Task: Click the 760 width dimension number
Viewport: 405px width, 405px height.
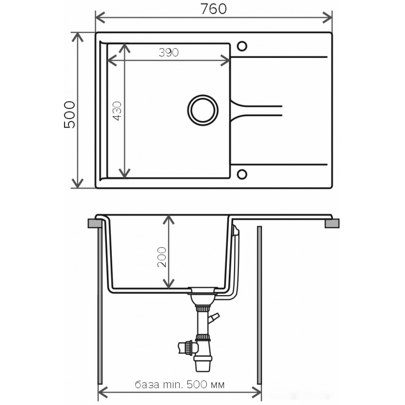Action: (x=213, y=9)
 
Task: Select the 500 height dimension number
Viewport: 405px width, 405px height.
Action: (x=70, y=115)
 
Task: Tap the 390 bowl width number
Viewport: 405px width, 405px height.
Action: (x=168, y=52)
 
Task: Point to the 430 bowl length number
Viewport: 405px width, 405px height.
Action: (x=117, y=111)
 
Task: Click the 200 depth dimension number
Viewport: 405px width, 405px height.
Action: (x=162, y=257)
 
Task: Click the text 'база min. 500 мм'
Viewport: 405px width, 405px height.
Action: (x=180, y=385)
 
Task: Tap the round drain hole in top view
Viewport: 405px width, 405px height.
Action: (x=203, y=110)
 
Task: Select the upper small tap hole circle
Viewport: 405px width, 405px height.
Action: (x=242, y=46)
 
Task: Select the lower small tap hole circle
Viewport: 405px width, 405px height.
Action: (x=242, y=174)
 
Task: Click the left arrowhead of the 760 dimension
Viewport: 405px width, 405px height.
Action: (x=100, y=17)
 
